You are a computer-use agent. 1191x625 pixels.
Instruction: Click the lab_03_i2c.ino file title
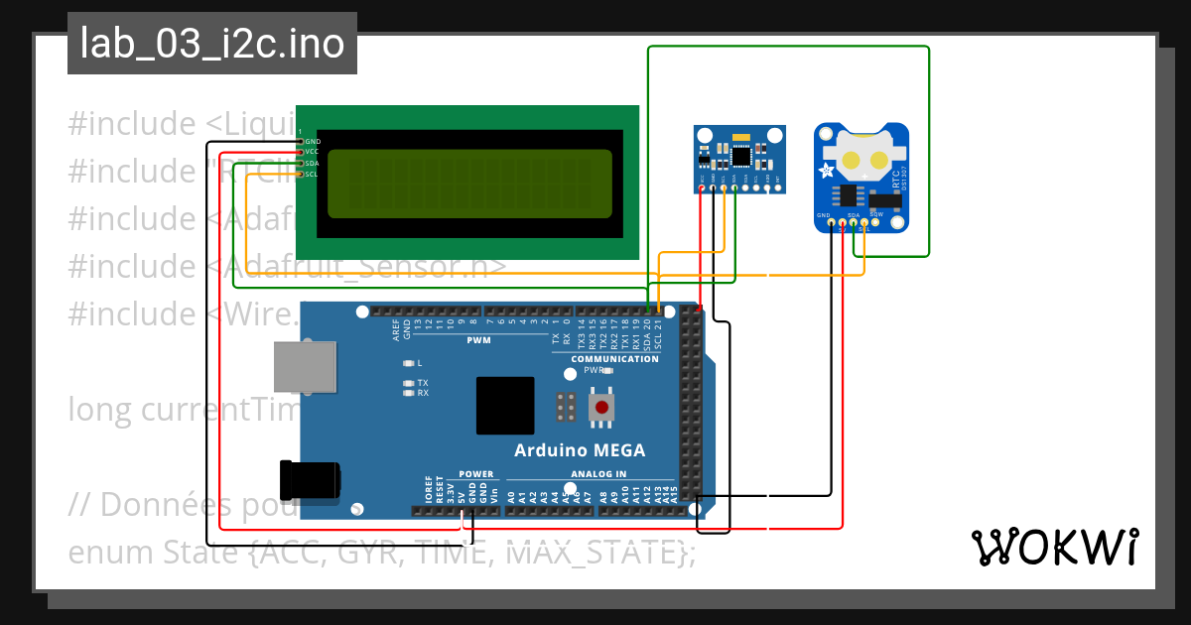coord(212,45)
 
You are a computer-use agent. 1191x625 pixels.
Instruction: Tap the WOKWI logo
coord(1053,547)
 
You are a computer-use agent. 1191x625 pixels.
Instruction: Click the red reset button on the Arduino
coord(600,407)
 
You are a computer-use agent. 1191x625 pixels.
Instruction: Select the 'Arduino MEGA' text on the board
coord(579,450)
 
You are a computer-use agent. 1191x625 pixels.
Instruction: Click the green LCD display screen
coord(469,184)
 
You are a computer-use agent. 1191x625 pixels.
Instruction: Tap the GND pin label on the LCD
coord(313,142)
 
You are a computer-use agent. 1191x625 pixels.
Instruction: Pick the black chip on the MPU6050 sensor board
coord(740,156)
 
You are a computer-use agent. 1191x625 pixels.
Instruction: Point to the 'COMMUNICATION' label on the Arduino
coord(614,359)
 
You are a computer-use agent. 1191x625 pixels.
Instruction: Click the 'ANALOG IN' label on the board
coord(598,474)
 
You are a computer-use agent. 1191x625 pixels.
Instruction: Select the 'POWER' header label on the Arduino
coord(476,474)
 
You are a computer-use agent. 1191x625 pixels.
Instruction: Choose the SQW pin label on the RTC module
coord(876,214)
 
